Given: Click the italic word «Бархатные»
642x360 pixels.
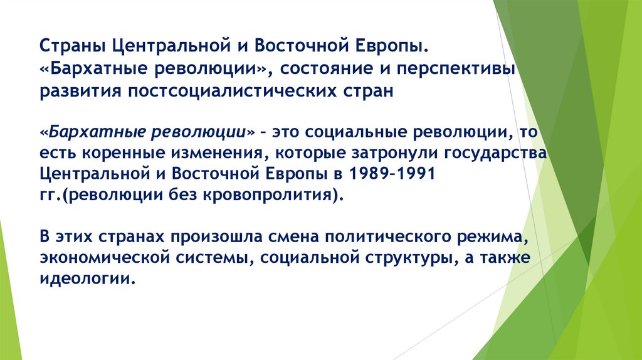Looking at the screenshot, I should click(93, 132).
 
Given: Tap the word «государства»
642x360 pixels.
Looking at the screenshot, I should click(499, 153).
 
